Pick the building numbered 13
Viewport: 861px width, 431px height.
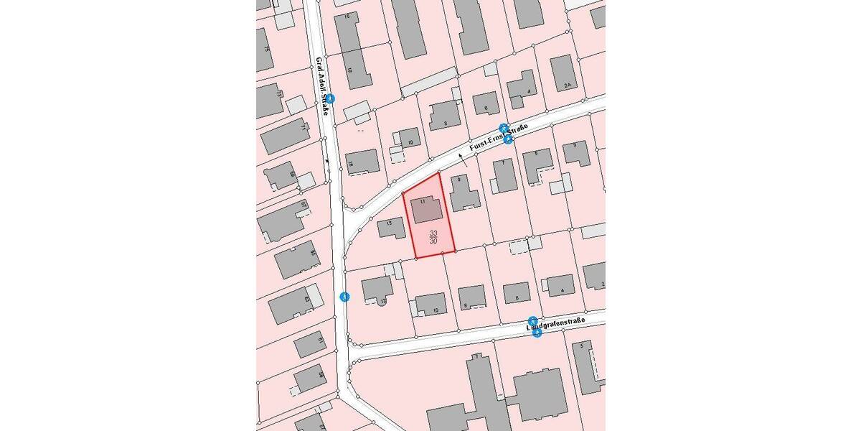[x=391, y=227]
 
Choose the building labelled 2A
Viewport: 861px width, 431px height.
[x=564, y=73]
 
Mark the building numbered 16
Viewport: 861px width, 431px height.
[x=362, y=162]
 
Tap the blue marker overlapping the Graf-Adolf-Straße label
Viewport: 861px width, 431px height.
[x=330, y=98]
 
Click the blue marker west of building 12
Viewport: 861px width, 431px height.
[x=345, y=297]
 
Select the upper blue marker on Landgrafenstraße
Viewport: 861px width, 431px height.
[x=532, y=320]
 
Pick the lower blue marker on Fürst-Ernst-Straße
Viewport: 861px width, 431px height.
[x=508, y=139]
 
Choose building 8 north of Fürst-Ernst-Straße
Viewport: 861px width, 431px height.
[x=444, y=115]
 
